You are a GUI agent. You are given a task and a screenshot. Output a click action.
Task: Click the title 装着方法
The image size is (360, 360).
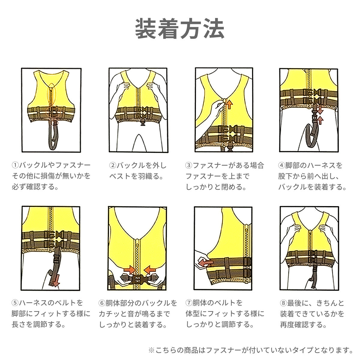point(180,29)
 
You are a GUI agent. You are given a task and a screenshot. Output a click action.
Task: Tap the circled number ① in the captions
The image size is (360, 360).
point(15,165)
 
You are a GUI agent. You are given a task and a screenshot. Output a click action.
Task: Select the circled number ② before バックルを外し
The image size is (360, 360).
point(113,165)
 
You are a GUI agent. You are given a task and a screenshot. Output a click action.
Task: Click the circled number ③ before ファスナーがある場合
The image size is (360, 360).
point(189,165)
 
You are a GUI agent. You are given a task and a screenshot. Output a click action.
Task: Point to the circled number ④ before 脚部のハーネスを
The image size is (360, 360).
point(281,165)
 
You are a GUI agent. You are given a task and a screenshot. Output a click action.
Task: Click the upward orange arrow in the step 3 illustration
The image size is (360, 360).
point(229,104)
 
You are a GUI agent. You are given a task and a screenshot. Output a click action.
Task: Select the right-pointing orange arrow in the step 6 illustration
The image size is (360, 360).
point(130,270)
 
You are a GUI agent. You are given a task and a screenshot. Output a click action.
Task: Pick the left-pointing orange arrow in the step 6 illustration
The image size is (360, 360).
point(150,270)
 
